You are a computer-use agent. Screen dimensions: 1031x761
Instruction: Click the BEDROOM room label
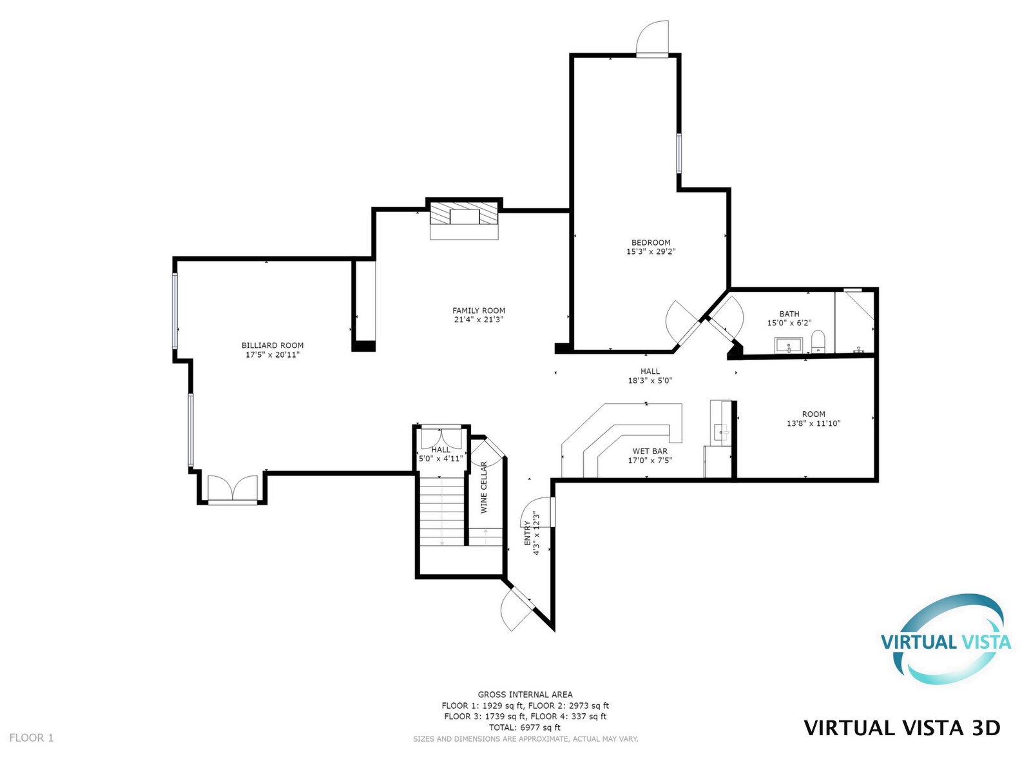(x=651, y=243)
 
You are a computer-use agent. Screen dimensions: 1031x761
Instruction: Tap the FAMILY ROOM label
(x=478, y=311)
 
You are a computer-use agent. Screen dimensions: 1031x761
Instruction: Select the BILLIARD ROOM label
(x=273, y=345)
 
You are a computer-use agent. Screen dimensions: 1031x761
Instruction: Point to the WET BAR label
(x=650, y=451)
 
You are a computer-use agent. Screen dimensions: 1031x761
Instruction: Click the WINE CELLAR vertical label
(x=484, y=487)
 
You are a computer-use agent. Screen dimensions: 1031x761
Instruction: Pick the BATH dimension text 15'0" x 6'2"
(x=789, y=323)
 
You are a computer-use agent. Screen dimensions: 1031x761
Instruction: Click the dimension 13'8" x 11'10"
(x=813, y=423)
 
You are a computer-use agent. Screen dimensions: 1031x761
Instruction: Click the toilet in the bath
(x=818, y=342)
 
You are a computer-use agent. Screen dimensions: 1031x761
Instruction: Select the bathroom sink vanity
(x=789, y=345)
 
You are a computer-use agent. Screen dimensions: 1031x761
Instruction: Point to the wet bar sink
(x=723, y=432)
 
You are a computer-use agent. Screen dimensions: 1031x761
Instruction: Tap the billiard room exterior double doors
(x=233, y=488)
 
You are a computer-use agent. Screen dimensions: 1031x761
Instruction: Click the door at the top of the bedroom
(x=653, y=39)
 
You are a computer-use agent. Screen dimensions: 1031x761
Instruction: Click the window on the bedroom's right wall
(x=679, y=153)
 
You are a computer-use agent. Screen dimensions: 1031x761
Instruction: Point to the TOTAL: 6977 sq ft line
(x=525, y=727)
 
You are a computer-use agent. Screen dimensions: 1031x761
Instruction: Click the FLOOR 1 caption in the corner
(x=32, y=738)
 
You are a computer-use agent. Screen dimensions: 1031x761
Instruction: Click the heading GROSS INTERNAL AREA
(x=525, y=695)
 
